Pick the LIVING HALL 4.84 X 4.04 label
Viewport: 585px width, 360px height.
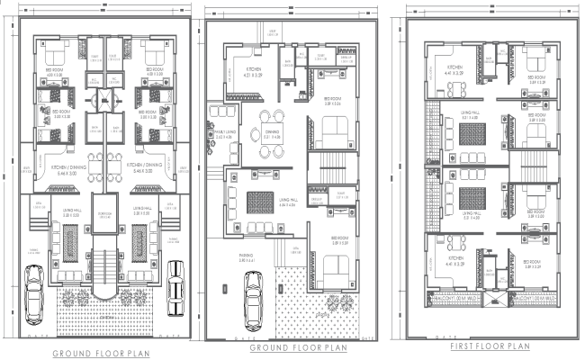[x=287, y=203]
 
